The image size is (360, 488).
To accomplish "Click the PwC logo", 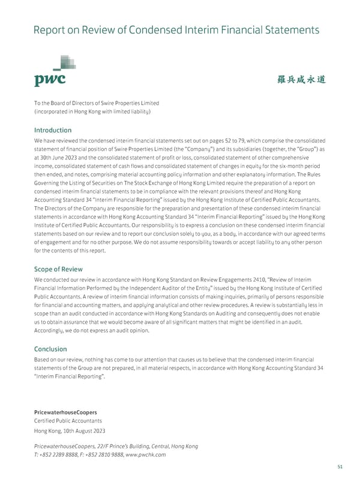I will click(50, 73).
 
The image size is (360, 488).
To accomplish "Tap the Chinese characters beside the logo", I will click(302, 80).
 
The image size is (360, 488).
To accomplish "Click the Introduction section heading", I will click(53, 130).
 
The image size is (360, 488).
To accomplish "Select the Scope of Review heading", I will click(58, 269).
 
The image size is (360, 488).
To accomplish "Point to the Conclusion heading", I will click(50, 349).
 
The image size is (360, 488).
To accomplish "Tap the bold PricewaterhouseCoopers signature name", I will click(66, 412).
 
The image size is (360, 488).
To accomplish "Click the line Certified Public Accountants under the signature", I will click(68, 421).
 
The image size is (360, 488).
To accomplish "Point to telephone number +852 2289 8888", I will click(63, 454).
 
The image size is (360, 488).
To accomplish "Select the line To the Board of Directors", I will click(97, 103).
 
